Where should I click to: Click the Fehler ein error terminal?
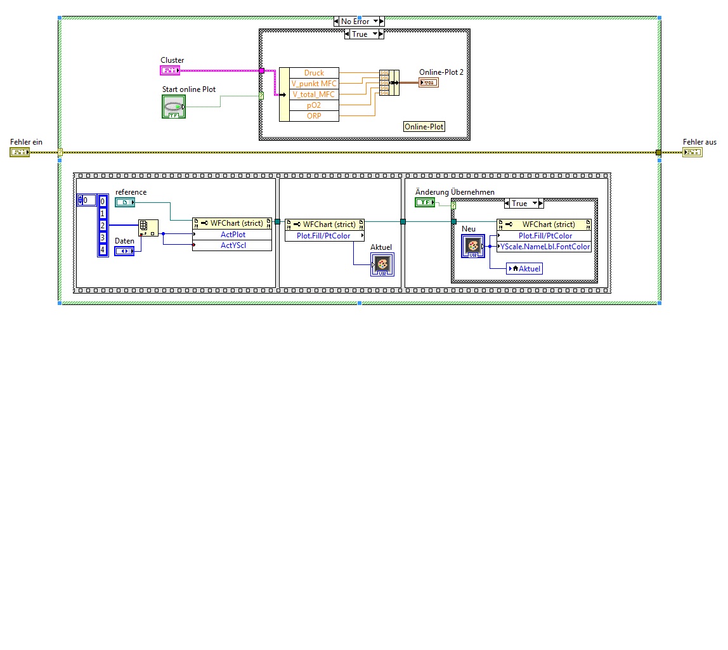point(20,152)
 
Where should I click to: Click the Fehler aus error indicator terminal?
point(692,152)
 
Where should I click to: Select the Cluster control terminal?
point(171,70)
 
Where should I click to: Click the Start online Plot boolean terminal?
point(174,107)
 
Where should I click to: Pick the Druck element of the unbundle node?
point(314,73)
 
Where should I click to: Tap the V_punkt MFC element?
point(314,84)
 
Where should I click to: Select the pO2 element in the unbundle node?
point(314,105)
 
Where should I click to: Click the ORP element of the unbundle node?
point(314,116)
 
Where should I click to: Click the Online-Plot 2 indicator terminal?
point(429,82)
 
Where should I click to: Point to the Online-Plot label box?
point(425,127)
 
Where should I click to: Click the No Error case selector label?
point(355,22)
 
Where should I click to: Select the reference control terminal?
point(125,202)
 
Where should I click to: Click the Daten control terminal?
point(124,251)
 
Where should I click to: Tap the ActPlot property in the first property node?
point(233,235)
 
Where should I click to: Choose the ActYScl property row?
point(233,245)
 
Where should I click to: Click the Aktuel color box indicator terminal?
point(382,264)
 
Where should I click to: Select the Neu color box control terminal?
point(472,246)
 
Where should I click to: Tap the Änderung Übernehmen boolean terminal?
point(425,202)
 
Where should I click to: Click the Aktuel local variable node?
point(525,269)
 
